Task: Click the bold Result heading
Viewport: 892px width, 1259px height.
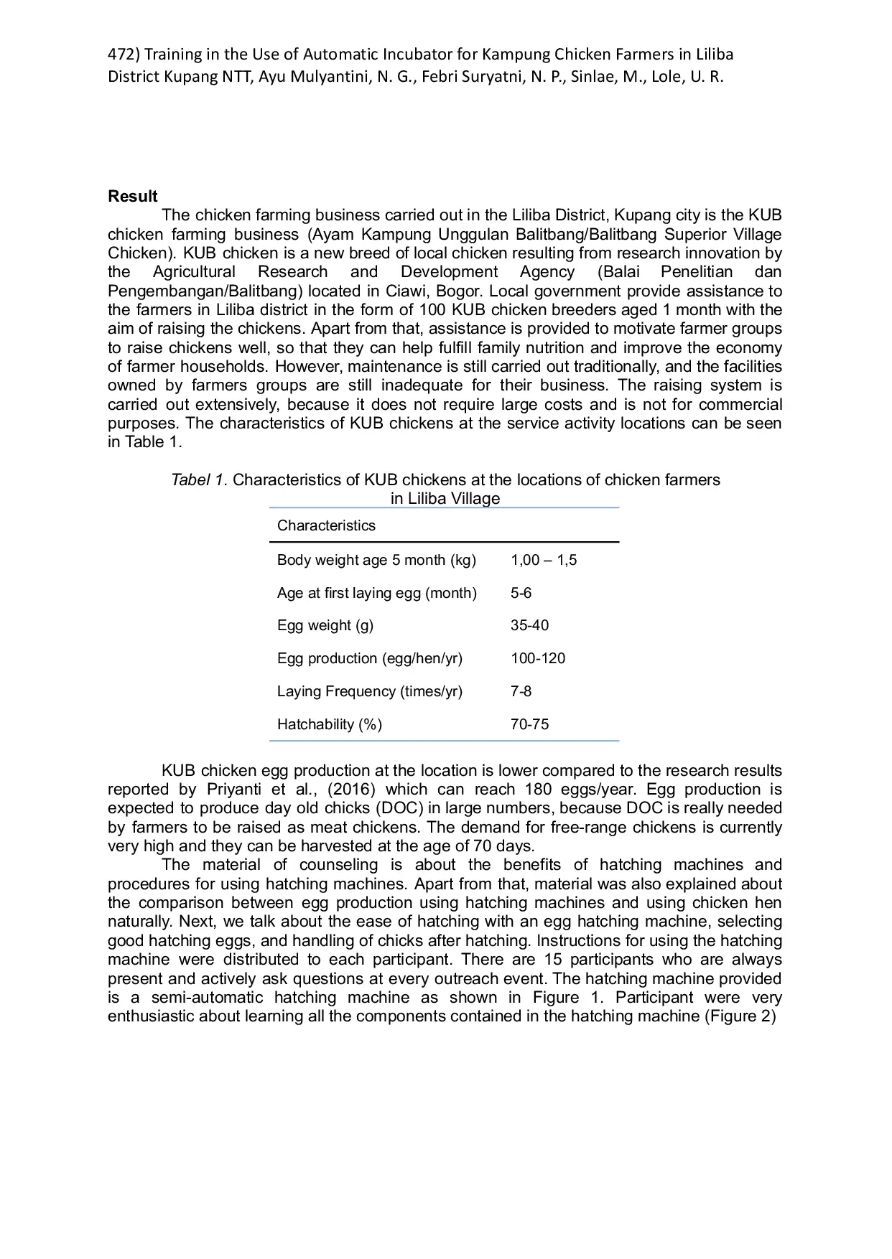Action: pos(133,197)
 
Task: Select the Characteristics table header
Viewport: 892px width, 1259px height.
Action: pos(326,525)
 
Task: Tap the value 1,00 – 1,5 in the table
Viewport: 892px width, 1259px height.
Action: pos(544,560)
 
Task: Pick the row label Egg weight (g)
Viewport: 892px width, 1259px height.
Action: pos(325,625)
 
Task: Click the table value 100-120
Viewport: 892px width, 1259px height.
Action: pos(538,658)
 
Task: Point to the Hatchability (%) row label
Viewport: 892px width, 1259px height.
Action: pos(330,724)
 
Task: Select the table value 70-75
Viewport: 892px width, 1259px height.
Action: pos(529,724)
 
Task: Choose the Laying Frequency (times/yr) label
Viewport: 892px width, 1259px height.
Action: pos(370,691)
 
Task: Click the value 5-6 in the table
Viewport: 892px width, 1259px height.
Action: pos(521,593)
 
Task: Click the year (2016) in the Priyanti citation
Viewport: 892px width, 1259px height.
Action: pos(352,790)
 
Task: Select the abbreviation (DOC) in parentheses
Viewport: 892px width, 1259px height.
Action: pos(400,808)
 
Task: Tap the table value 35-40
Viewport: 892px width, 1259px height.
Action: pos(529,625)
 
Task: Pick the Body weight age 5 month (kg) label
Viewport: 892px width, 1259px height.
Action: pos(377,560)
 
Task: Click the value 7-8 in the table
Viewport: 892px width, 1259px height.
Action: pos(521,691)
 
